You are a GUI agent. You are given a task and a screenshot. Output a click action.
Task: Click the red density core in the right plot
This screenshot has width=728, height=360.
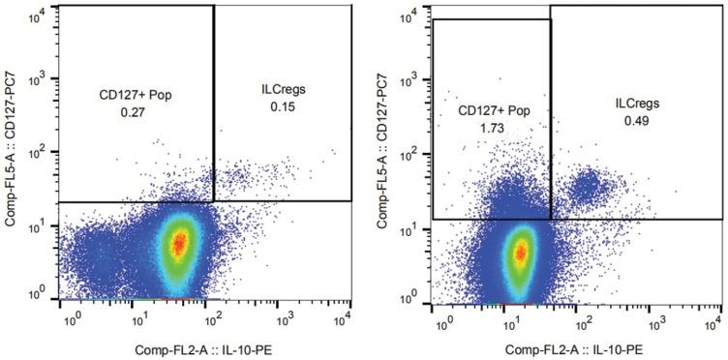tap(522, 254)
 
